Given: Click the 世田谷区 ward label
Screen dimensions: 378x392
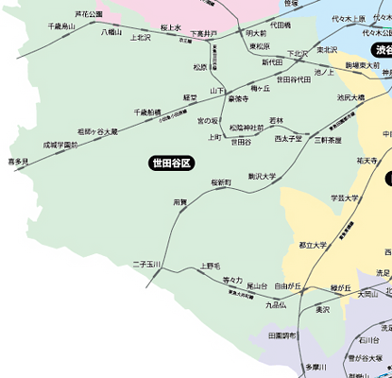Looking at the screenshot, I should coord(171,163).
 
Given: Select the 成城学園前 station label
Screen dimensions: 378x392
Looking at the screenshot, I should coord(60,146).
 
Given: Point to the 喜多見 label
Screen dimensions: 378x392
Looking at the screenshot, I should coord(18,163).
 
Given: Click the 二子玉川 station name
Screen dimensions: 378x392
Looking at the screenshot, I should coord(148,264).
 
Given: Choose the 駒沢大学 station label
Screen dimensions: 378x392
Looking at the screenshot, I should coord(262,176).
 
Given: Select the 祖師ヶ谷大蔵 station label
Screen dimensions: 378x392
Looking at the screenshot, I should coord(98,131).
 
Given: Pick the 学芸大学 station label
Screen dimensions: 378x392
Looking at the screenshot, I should coord(345,198).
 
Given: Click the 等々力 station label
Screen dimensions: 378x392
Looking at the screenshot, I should coord(232,280).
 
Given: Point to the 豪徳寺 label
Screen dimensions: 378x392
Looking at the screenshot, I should coord(238,98).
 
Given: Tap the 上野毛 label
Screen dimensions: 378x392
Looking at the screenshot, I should coord(211,266).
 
